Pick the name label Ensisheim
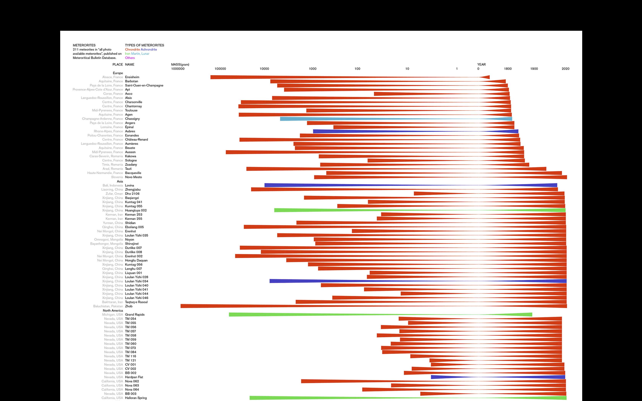tap(132, 77)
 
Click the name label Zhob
tap(129, 306)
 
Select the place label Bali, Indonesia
tap(113, 185)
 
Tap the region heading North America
tap(113, 310)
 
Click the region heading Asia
tap(120, 181)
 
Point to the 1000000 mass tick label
tap(178, 69)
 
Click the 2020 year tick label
tap(565, 69)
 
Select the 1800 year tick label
tap(508, 69)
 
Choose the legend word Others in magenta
tap(130, 58)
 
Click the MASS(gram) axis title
tap(180, 65)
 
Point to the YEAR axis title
tap(481, 65)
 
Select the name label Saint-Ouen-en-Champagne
tap(144, 85)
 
